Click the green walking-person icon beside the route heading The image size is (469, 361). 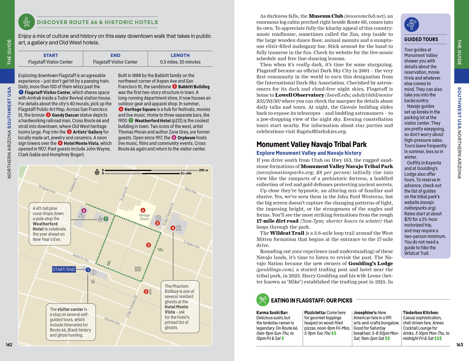point(26,22)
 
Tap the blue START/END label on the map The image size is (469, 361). point(64,270)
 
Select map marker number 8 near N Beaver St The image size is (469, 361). point(84,211)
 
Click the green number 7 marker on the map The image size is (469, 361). point(106,219)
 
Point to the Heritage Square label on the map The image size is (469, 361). point(144,217)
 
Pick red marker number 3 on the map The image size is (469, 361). point(149,245)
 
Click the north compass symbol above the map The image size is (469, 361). point(97,172)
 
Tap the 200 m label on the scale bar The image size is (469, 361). point(203,170)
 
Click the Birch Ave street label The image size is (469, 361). point(190,190)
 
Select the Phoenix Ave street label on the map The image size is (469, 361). point(112,321)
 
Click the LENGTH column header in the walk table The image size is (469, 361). point(180,55)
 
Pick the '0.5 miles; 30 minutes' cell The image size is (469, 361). point(180,62)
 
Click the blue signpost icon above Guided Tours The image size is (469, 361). point(411,25)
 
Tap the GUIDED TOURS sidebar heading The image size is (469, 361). point(421,39)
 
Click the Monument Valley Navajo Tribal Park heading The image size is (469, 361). point(311,144)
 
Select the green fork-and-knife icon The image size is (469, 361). point(263,300)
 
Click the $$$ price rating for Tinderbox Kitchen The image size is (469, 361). point(438,338)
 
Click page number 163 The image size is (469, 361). point(460,345)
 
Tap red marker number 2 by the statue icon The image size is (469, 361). point(146,291)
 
